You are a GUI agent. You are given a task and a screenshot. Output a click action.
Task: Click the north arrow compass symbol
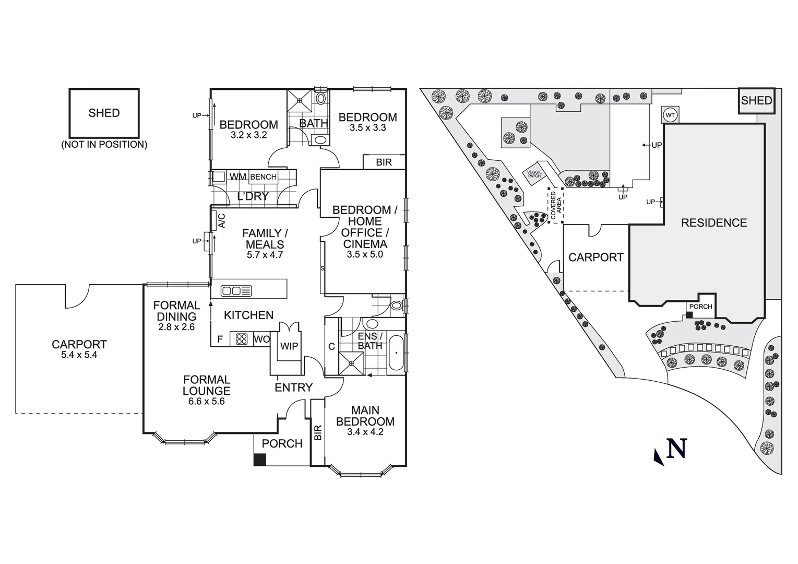click(x=671, y=450)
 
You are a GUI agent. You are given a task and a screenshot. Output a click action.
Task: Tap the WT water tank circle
click(x=670, y=114)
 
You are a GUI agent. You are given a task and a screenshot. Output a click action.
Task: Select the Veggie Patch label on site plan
click(x=534, y=174)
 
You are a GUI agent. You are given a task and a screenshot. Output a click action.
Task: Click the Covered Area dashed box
click(x=555, y=205)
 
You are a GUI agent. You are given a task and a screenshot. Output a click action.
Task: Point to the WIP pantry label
click(x=289, y=346)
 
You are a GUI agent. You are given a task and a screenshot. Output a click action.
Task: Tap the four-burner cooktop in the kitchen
click(x=242, y=339)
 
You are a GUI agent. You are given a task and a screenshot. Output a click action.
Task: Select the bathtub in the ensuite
click(x=397, y=354)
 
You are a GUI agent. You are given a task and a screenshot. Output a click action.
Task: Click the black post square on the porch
click(x=259, y=460)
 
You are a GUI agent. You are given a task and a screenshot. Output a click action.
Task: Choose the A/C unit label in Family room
click(x=221, y=220)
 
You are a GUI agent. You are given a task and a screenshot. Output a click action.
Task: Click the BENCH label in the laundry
click(x=263, y=177)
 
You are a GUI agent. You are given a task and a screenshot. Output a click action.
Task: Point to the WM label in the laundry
click(x=238, y=177)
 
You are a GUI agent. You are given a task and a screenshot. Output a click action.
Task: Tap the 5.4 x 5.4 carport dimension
click(x=79, y=355)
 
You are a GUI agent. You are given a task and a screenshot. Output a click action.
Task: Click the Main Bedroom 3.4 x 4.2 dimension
click(x=365, y=432)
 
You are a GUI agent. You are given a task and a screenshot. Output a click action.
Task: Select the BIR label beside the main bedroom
click(x=318, y=432)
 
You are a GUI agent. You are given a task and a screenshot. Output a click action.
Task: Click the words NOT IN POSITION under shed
click(x=104, y=145)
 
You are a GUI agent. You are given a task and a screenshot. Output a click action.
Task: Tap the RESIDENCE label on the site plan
click(x=713, y=223)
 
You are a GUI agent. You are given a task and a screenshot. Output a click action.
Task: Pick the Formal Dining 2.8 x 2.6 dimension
click(x=176, y=327)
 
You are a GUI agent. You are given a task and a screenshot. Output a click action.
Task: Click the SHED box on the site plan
click(x=756, y=101)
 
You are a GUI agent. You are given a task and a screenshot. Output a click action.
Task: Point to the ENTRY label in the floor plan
click(x=293, y=387)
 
